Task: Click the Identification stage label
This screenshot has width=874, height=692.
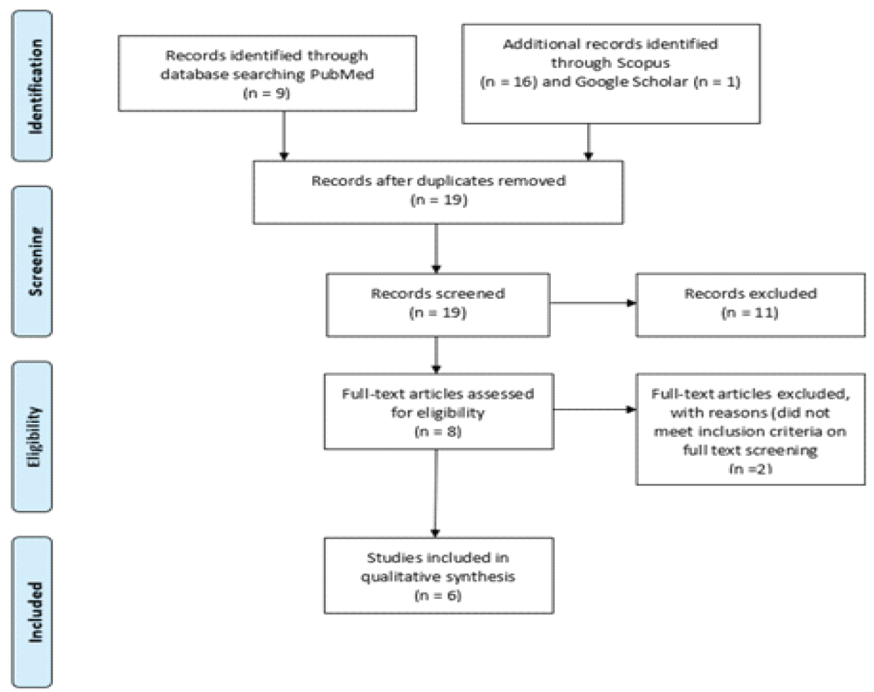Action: (x=36, y=87)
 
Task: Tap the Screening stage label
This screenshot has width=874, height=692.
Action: (x=36, y=261)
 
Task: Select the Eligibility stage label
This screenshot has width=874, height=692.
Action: (x=36, y=437)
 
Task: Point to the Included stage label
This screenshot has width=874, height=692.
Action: (x=36, y=612)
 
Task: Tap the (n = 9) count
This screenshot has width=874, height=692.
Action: (x=267, y=94)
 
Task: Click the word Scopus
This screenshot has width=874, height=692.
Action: (x=644, y=63)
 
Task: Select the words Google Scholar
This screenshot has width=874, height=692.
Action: (x=631, y=82)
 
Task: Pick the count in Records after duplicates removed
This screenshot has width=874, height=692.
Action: (x=439, y=200)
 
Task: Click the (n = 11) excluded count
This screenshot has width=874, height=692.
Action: (x=750, y=313)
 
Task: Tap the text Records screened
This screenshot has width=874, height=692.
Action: (x=438, y=293)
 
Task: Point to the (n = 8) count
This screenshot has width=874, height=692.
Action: (x=438, y=432)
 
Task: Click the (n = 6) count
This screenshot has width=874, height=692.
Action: (x=438, y=596)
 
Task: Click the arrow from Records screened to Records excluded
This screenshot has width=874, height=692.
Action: (x=593, y=303)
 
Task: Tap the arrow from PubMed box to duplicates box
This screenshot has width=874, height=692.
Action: (x=284, y=136)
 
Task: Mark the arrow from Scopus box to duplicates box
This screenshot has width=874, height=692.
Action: (x=588, y=142)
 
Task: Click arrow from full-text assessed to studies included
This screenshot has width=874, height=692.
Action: (x=436, y=493)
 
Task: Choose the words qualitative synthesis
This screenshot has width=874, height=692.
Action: (x=438, y=577)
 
